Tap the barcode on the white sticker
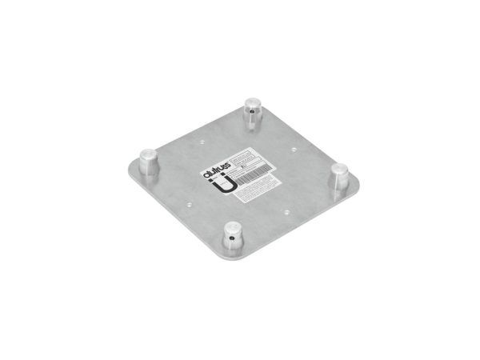pyautogui.click(x=253, y=170)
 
